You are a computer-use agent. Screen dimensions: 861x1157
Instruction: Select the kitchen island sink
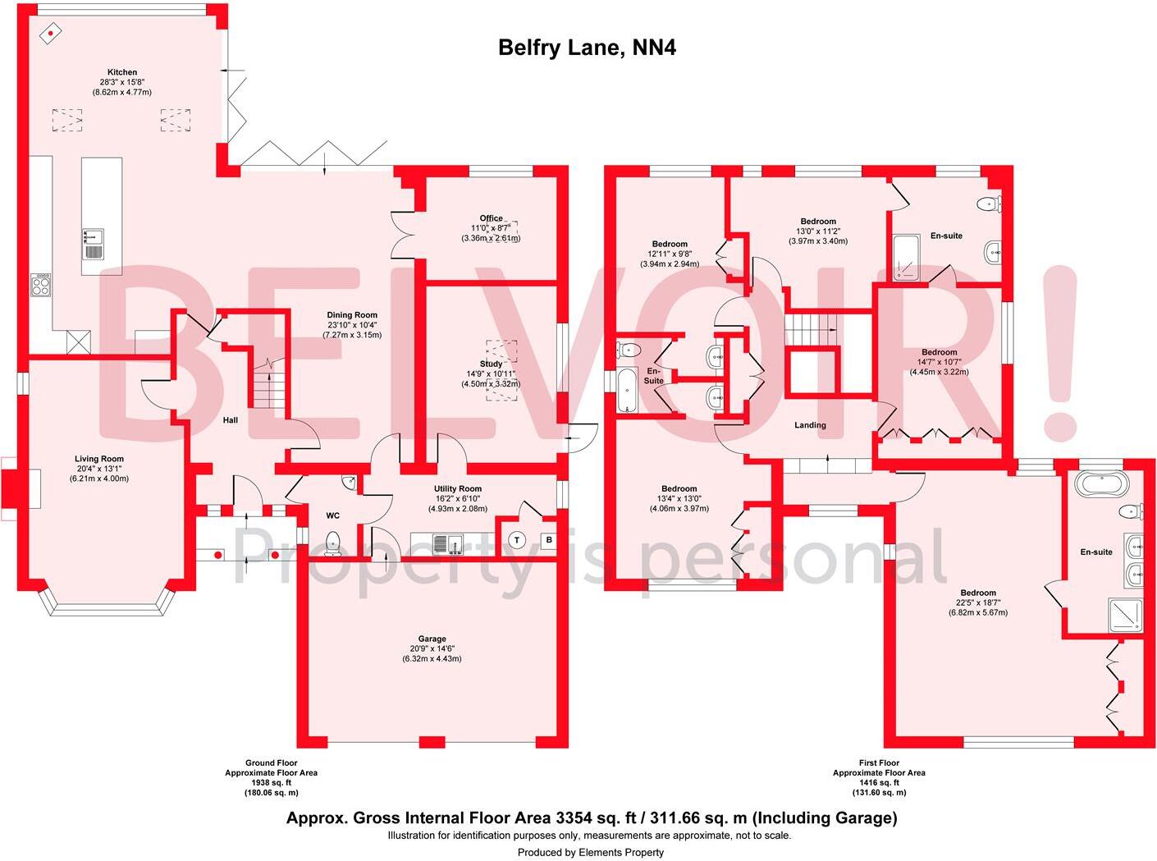click(93, 237)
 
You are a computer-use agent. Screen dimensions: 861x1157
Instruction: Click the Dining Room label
click(352, 315)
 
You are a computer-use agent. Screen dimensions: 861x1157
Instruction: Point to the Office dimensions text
click(491, 233)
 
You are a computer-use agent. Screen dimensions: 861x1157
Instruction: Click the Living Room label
click(98, 460)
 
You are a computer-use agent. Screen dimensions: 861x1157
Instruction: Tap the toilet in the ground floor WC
click(333, 543)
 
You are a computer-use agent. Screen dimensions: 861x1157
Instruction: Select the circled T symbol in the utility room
click(517, 540)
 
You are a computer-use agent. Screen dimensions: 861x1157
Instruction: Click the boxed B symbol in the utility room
click(549, 540)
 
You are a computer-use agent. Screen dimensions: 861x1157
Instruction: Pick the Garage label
click(432, 639)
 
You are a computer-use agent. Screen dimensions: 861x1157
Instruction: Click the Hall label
click(231, 420)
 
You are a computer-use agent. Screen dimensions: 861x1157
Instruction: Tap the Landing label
click(810, 425)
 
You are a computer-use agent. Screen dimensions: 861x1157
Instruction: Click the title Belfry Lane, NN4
click(587, 48)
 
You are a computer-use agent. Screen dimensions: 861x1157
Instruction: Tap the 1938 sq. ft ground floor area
click(271, 783)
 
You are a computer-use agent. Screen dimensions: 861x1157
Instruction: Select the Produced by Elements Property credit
click(590, 852)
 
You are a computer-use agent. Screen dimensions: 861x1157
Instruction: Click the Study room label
click(491, 364)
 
